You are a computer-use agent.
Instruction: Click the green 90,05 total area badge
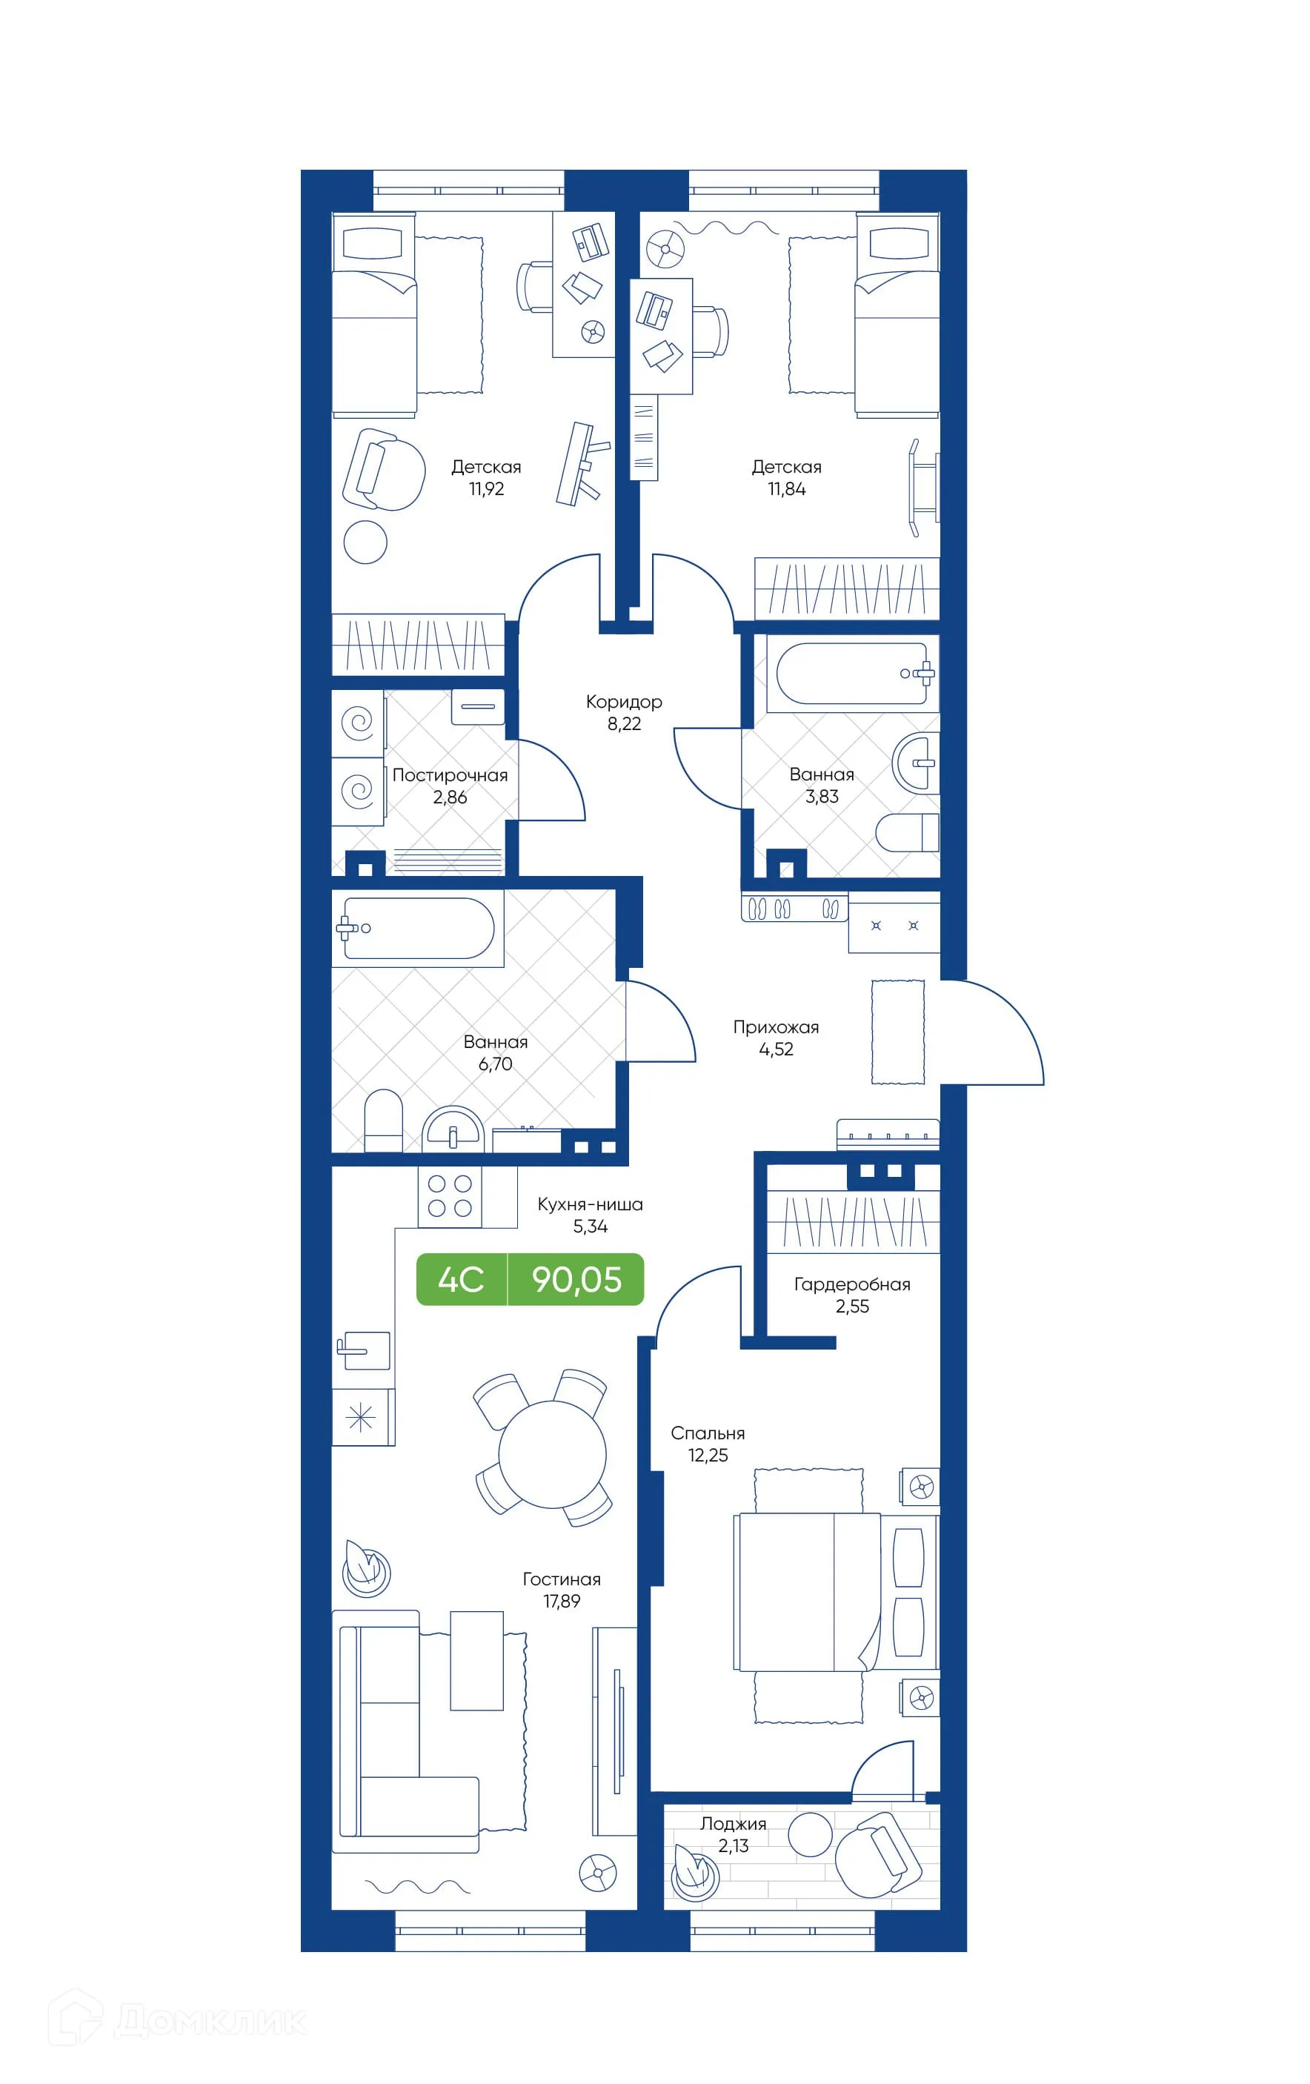point(576,1279)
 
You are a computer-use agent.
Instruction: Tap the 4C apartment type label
point(460,1279)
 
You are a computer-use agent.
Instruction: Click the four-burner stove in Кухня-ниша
point(450,1196)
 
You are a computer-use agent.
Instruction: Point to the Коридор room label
point(623,702)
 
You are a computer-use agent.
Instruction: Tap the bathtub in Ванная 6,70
point(418,928)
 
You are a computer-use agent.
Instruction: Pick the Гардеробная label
point(851,1284)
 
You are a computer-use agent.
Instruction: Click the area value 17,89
point(562,1601)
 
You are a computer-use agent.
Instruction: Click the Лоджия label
point(733,1823)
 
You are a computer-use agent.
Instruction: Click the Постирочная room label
point(450,775)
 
